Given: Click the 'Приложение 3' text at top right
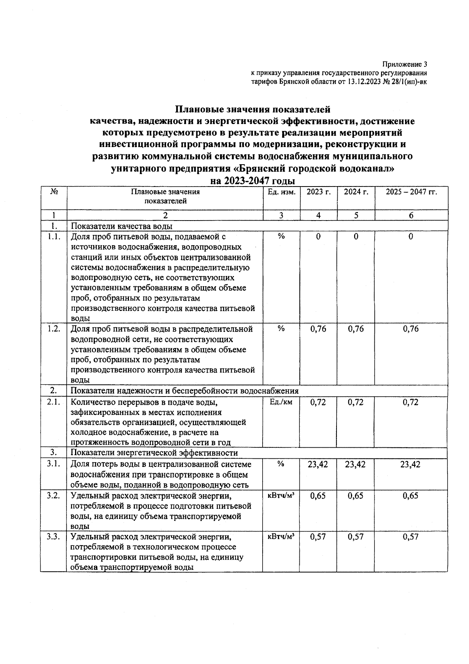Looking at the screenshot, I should [x=405, y=65].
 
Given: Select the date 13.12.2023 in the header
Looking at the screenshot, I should [x=363, y=82].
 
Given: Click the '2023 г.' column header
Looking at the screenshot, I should [x=319, y=192].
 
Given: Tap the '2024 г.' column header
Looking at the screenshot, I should [x=356, y=192].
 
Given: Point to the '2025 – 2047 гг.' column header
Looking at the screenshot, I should [x=411, y=192].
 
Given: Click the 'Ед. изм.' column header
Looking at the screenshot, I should [x=281, y=192].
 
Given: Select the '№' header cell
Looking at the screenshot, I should [x=54, y=192].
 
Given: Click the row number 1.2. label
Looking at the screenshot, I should [x=54, y=329].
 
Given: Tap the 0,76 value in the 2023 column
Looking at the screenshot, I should [x=318, y=329].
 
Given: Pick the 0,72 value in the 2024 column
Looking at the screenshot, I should [x=356, y=402].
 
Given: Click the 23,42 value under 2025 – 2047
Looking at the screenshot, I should [x=411, y=464].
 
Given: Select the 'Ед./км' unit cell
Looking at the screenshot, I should [x=281, y=402].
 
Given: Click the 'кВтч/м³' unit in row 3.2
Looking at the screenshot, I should [x=281, y=495].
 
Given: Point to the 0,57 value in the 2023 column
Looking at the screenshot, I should [x=318, y=537].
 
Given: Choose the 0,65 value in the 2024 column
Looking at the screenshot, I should [x=356, y=495].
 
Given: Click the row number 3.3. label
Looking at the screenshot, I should [x=54, y=537].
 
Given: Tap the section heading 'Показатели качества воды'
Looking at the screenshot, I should [x=122, y=226].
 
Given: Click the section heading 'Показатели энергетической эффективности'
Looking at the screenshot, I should [x=154, y=453].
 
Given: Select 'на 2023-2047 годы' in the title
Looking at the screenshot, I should [x=252, y=181].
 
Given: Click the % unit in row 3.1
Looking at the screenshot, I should [x=281, y=464].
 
